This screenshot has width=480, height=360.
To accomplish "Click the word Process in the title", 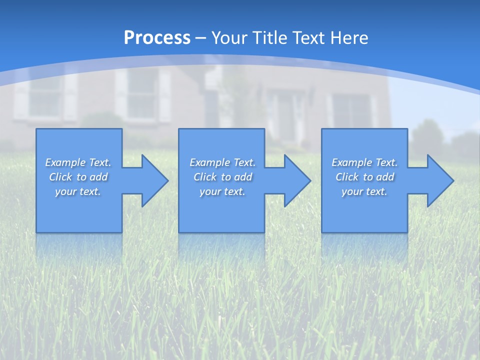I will [157, 38].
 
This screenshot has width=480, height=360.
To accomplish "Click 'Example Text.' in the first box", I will [78, 162].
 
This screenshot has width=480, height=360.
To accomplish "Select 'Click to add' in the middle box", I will [222, 177].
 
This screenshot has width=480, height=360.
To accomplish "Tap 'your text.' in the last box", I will [364, 191].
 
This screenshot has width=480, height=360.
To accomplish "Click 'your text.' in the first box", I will [78, 191].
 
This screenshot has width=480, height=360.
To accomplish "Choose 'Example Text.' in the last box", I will [364, 162].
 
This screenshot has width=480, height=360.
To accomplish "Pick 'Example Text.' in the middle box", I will [222, 162].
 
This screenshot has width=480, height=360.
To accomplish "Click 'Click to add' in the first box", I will [78, 177].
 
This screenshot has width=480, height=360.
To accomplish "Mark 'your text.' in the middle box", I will [222, 191].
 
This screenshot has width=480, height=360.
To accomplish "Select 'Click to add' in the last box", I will [364, 177].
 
